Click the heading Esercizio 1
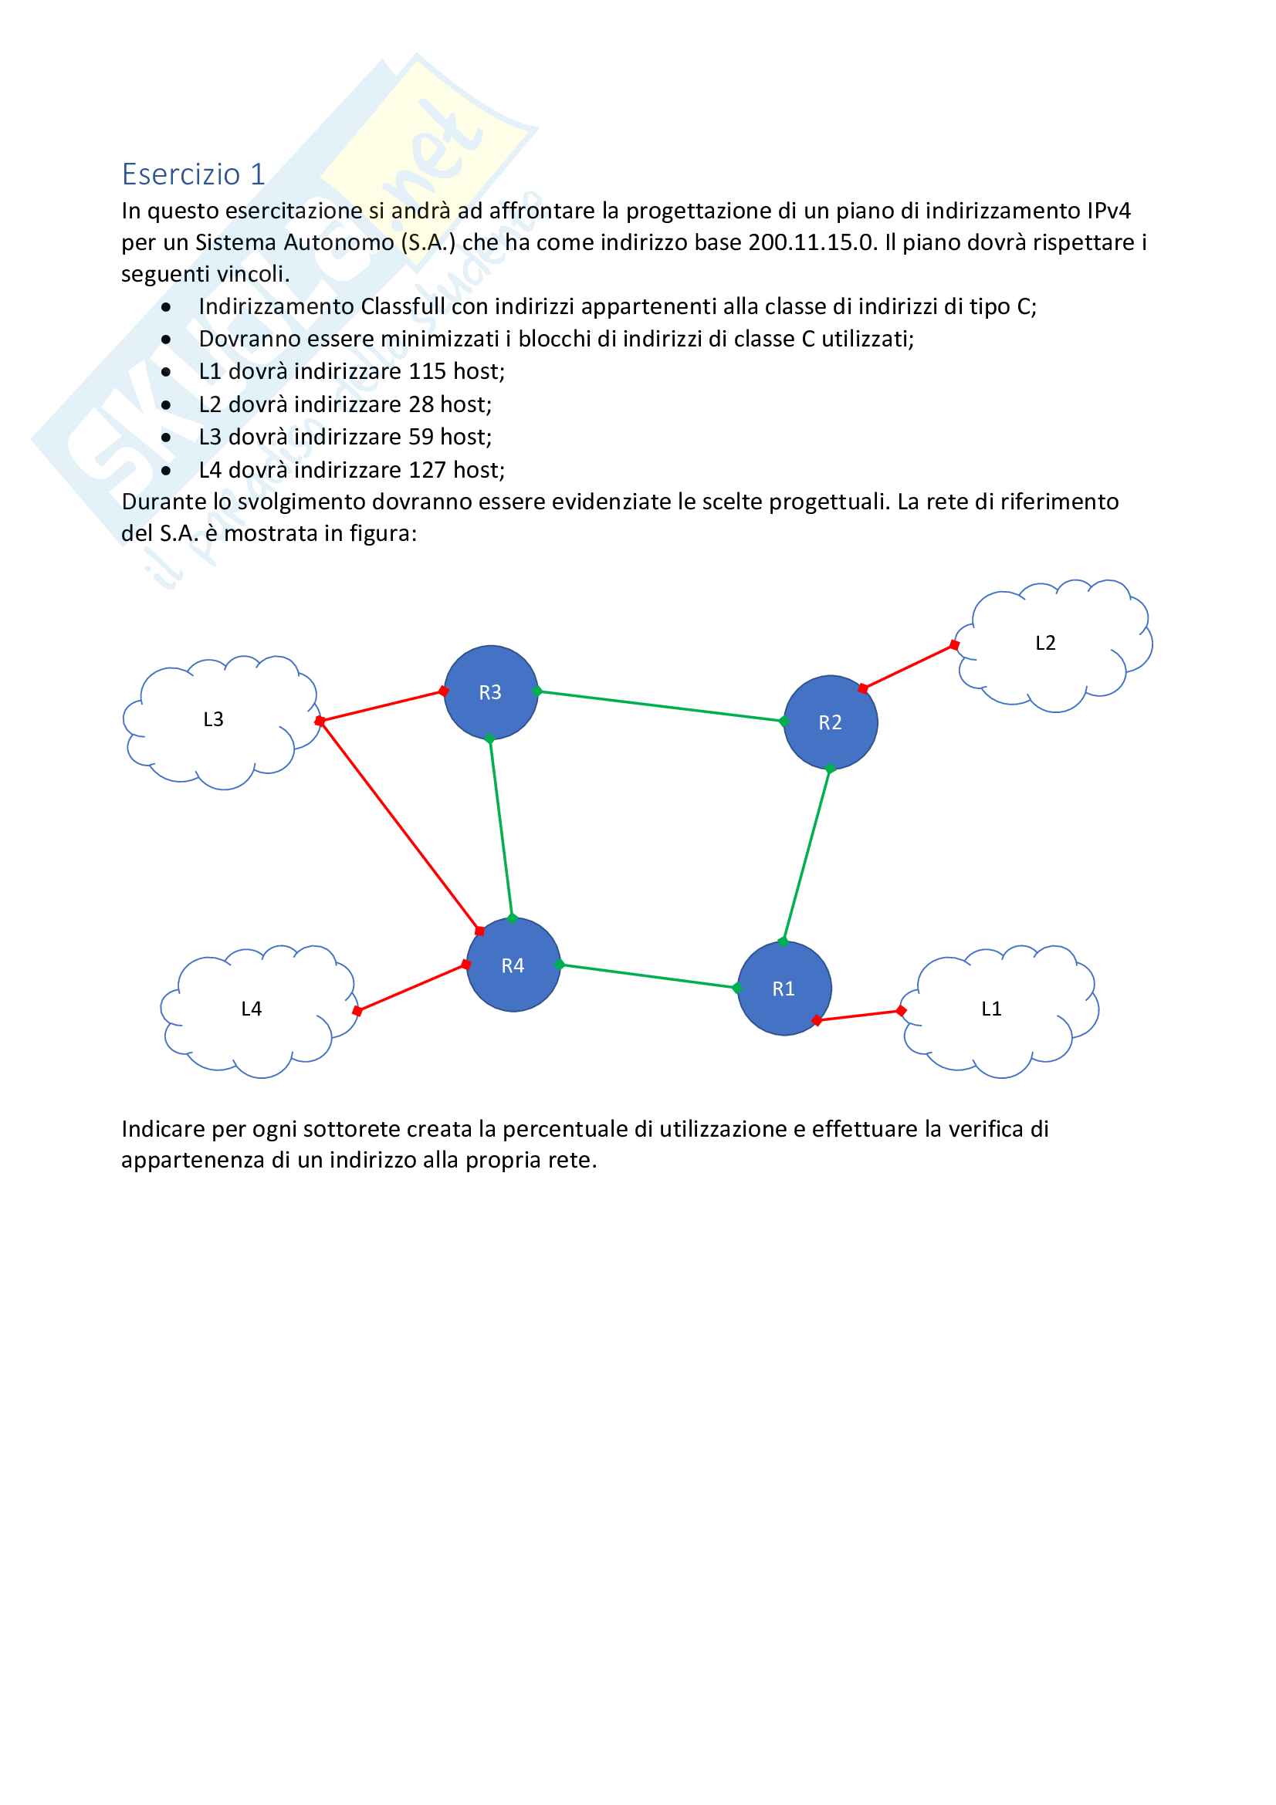[x=194, y=174]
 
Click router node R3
[x=491, y=691]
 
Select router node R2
[x=831, y=722]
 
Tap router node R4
[x=513, y=965]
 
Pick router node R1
[x=784, y=989]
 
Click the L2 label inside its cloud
[x=1045, y=643]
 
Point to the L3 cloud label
[x=213, y=719]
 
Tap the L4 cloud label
[x=251, y=1009]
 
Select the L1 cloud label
[x=990, y=1009]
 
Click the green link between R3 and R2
[x=661, y=706]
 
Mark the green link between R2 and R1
[x=807, y=854]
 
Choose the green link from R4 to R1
[x=648, y=975]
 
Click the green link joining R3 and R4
[x=501, y=829]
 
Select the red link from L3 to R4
[x=399, y=826]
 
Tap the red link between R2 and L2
[x=908, y=667]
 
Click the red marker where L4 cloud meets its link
[x=357, y=1010]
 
